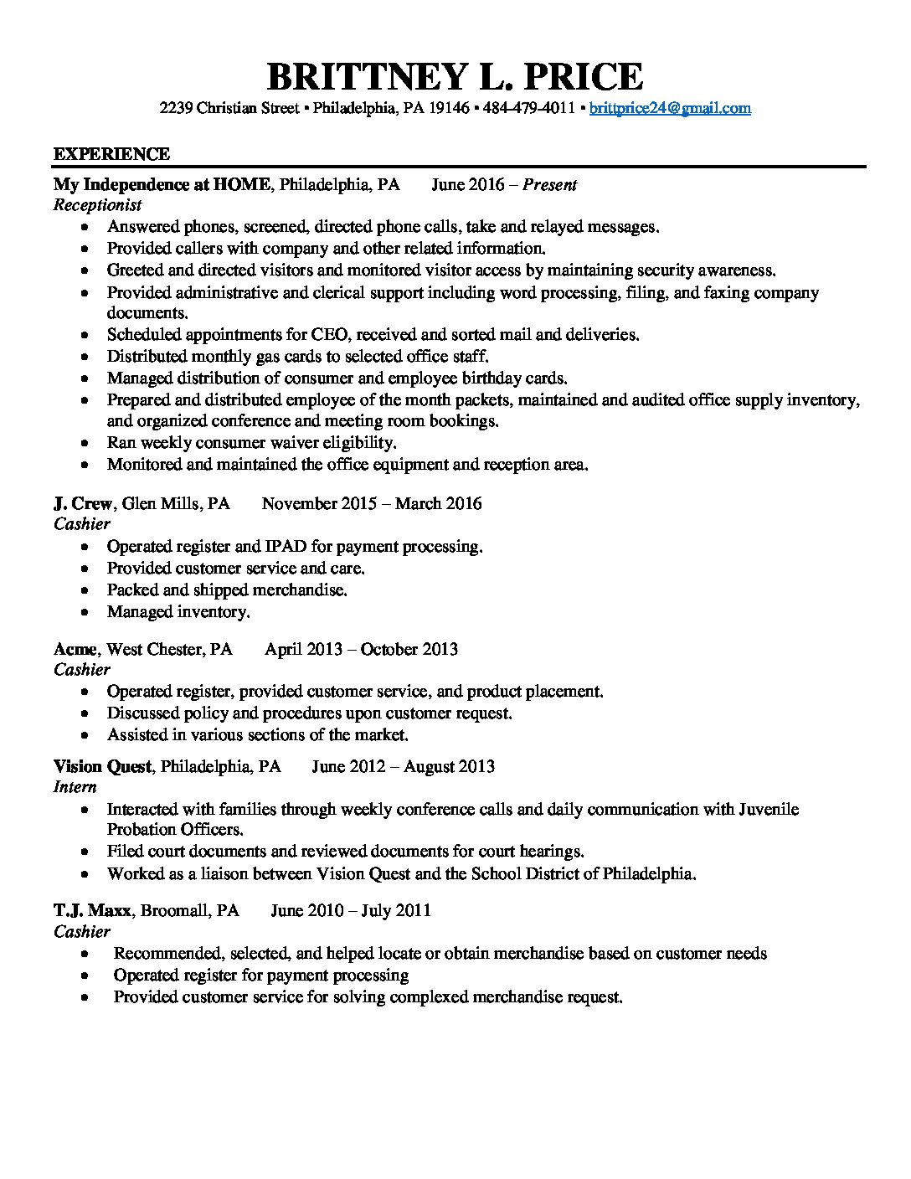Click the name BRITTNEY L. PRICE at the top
point(455,76)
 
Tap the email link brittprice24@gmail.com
point(670,108)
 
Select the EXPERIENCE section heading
point(111,154)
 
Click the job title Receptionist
point(98,205)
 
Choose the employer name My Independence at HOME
point(162,184)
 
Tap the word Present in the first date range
point(549,184)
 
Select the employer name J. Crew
point(83,503)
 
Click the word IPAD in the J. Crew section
point(286,547)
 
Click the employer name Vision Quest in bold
point(102,766)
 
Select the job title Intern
point(75,787)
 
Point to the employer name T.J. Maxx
point(92,910)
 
